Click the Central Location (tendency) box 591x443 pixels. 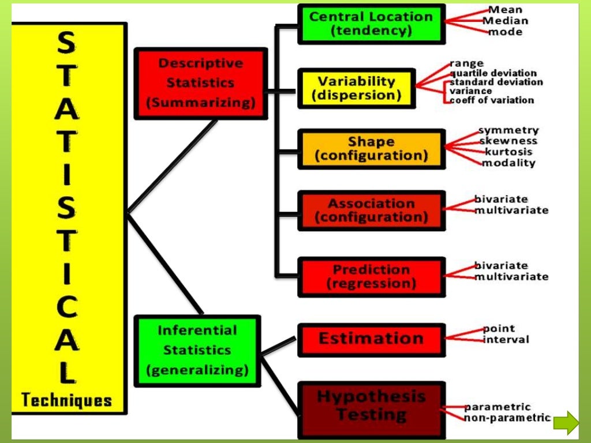371,24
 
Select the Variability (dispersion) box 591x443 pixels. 356,88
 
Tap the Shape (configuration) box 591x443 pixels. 371,149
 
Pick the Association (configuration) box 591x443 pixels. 371,211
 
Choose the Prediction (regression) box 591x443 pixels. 371,277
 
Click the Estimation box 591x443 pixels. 371,339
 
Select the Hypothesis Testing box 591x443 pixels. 371,407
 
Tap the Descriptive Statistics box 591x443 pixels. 200,83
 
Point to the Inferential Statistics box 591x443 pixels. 197,350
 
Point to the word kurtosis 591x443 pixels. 508,152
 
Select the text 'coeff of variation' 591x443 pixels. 492,100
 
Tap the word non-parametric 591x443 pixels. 507,418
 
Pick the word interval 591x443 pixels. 506,339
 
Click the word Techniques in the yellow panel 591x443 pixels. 66,400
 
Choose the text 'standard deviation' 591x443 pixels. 496,82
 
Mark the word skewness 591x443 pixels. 508,141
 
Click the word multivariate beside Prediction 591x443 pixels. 511,277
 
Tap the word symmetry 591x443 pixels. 508,130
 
